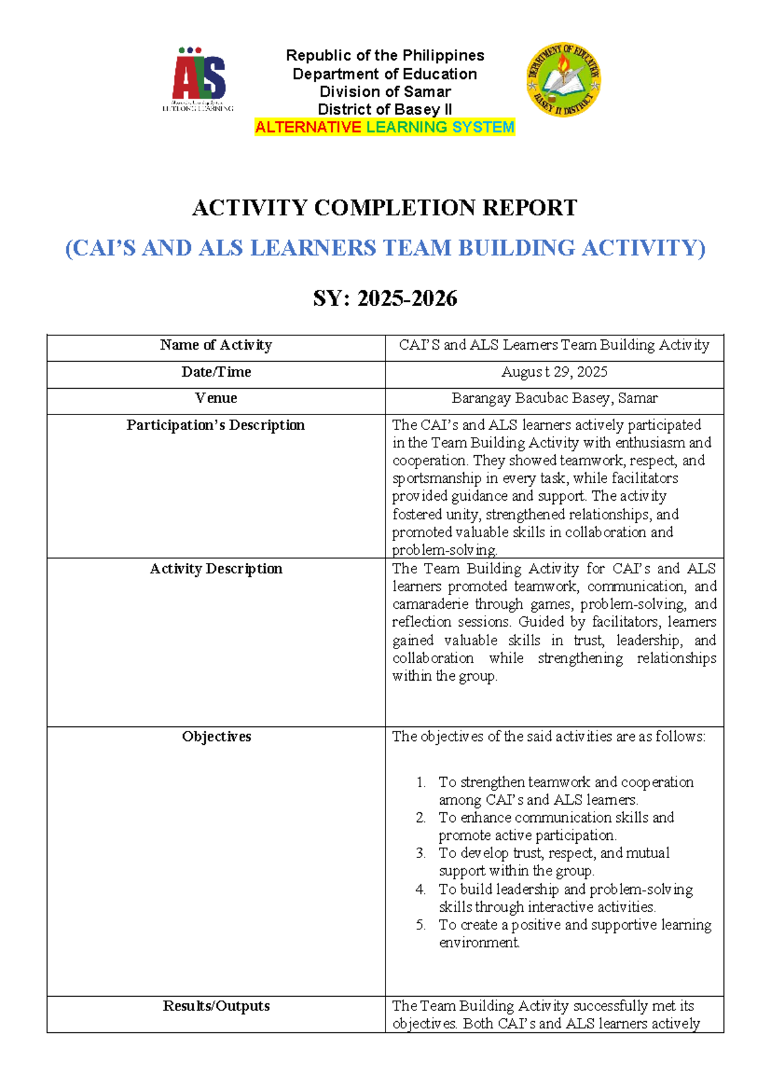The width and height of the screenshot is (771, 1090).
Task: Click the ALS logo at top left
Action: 199,79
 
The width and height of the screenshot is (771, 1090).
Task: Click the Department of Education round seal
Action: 563,80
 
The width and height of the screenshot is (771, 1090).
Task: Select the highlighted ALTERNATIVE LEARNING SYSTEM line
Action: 385,127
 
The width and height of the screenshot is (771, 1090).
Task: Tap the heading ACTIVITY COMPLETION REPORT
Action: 385,208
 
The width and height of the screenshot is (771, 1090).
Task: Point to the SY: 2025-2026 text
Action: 385,299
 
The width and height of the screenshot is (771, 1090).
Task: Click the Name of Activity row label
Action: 216,345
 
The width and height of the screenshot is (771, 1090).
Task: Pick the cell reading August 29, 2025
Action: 554,372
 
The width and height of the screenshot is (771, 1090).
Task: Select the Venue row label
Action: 216,398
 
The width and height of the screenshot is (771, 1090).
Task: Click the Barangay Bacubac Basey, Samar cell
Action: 554,398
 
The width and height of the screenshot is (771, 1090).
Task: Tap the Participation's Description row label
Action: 216,425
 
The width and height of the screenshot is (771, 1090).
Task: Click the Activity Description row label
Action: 216,569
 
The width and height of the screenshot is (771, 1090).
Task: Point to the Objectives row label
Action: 216,737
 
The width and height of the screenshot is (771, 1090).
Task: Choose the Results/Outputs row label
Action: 216,1006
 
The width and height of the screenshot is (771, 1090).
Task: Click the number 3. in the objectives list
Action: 421,853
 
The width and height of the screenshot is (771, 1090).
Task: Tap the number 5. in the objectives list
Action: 421,925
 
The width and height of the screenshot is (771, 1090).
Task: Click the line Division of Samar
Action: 385,92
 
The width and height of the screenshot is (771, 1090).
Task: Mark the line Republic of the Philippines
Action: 385,56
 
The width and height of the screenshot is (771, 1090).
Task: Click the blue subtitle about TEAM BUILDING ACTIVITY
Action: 385,248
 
